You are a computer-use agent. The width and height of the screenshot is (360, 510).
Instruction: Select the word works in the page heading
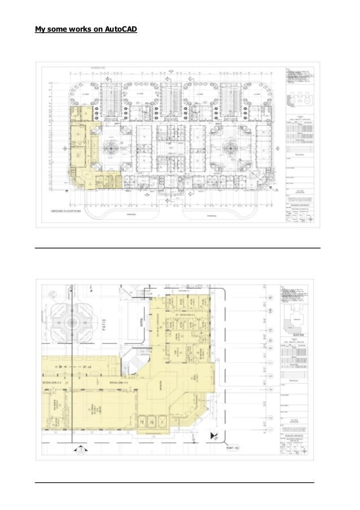pos(76,28)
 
